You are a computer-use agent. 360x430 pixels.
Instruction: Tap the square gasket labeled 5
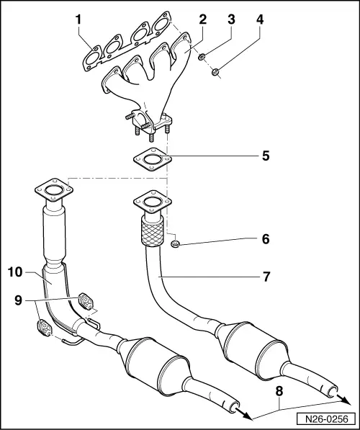[x=150, y=158]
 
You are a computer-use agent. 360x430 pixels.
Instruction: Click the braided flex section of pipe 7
[x=150, y=232]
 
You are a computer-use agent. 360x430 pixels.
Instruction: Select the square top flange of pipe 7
[x=150, y=201]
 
